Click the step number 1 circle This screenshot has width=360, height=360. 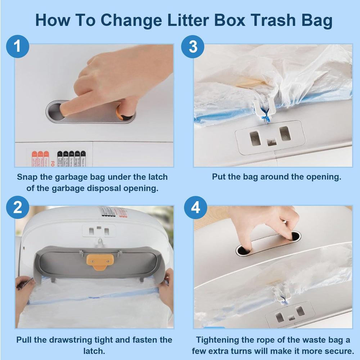(17, 46)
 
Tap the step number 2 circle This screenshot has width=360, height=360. (17, 208)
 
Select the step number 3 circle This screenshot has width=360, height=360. (193, 46)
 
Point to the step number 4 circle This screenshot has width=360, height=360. (195, 208)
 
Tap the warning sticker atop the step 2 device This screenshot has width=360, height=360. (113, 212)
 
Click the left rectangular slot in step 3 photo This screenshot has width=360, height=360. (255, 138)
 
